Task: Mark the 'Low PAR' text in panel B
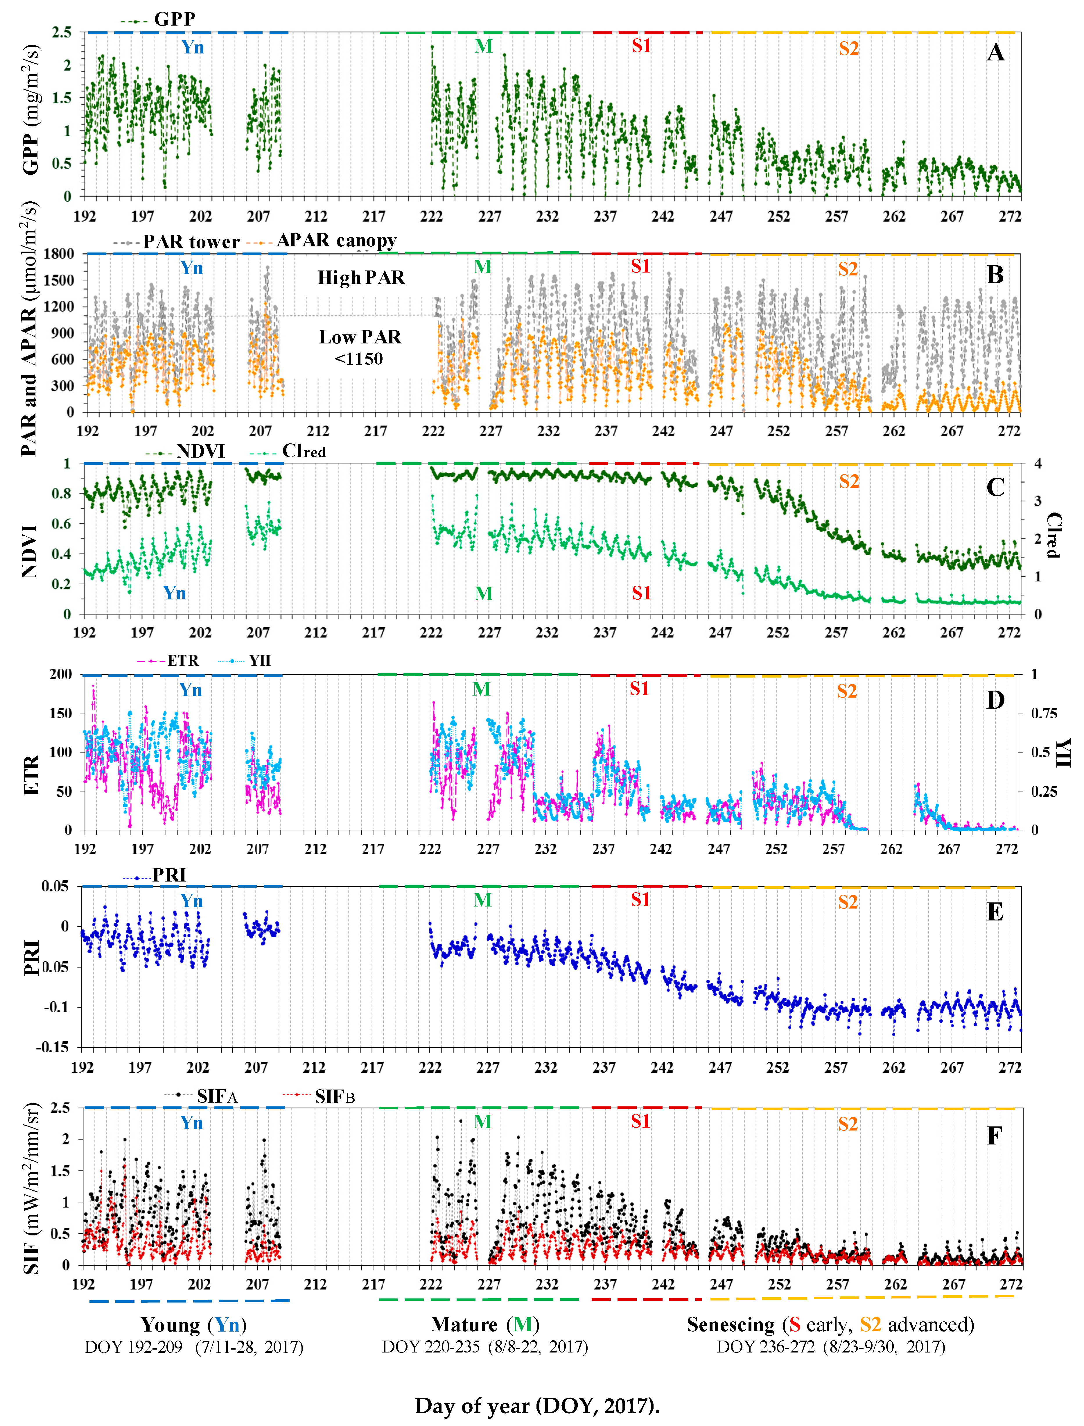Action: click(360, 337)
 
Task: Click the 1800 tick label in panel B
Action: click(59, 254)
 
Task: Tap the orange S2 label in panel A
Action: click(848, 49)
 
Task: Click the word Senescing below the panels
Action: click(731, 1325)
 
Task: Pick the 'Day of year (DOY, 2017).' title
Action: click(537, 1406)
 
